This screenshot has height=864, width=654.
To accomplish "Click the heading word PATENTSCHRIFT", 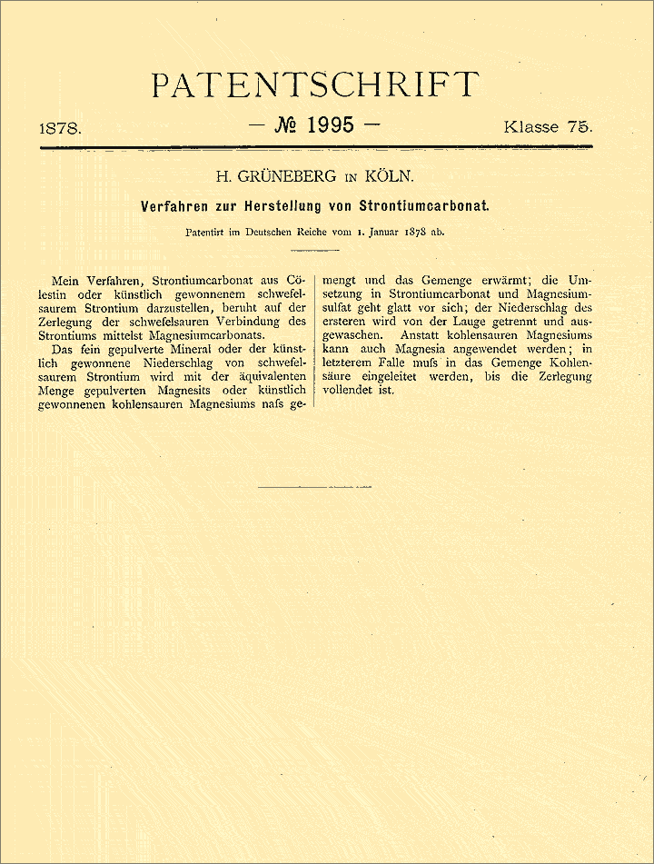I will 314,84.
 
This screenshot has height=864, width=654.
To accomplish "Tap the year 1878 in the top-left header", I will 61,128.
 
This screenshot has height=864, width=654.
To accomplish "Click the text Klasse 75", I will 548,126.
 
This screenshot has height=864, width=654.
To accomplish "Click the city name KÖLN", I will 391,176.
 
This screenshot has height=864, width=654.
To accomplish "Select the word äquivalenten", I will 267,377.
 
